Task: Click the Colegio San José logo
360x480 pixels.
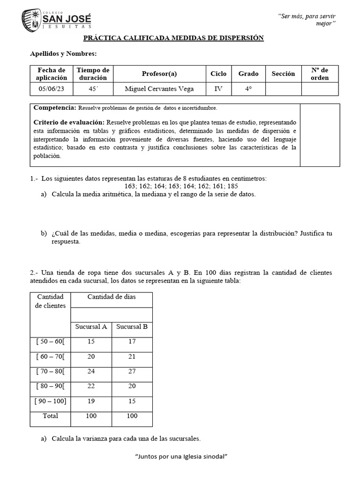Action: [x=56, y=20]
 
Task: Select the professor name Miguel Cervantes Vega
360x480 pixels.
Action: [x=159, y=89]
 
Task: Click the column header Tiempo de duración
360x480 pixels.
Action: [x=93, y=74]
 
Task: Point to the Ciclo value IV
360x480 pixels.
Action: [x=218, y=89]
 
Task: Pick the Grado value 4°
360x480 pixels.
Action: [x=248, y=89]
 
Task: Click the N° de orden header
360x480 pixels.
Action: [x=320, y=74]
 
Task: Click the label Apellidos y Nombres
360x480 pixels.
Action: [x=63, y=54]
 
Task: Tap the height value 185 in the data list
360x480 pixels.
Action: [x=232, y=186]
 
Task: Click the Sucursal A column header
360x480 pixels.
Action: [x=91, y=326]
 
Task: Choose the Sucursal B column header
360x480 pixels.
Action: [x=132, y=326]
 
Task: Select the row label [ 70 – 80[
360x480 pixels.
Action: [x=50, y=371]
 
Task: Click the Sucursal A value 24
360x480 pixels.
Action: [x=91, y=371]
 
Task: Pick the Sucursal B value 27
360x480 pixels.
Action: [x=132, y=371]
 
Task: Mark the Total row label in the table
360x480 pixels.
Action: [x=50, y=416]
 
